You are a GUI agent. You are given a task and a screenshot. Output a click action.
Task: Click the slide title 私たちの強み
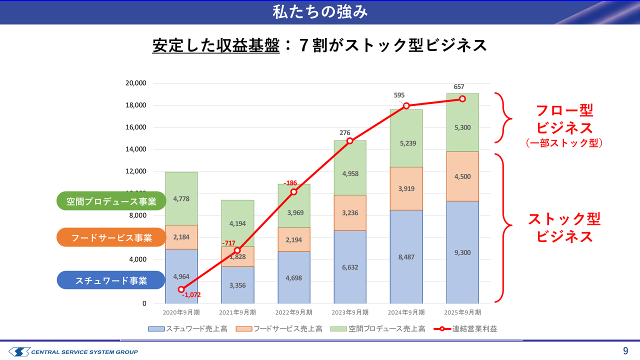320,11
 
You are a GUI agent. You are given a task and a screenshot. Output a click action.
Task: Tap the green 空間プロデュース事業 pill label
111,201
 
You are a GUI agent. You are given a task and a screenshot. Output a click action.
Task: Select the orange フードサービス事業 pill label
111,238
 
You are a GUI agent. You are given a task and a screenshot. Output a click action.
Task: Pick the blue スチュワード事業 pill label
111,280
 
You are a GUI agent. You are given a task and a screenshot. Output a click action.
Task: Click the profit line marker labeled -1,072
181,289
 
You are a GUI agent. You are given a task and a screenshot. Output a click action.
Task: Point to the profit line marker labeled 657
462,99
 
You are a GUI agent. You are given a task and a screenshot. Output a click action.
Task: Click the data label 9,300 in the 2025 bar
462,252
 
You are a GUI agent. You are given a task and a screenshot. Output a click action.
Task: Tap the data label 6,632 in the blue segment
349,267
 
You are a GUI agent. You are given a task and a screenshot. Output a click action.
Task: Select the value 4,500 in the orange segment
462,176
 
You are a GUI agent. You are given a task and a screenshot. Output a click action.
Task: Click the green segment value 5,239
406,143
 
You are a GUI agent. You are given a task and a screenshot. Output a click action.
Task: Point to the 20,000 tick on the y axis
135,83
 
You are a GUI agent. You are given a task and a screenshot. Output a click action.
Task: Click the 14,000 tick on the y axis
135,149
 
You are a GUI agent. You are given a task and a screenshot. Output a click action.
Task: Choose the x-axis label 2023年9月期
349,312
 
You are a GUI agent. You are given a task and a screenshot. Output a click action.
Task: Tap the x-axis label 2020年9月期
181,312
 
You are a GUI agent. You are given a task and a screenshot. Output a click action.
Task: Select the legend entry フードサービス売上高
287,329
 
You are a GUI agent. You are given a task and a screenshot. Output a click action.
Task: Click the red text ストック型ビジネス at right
564,227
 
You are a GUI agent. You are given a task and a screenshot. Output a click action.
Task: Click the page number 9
625,350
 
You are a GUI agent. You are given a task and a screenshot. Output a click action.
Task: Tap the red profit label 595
399,95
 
